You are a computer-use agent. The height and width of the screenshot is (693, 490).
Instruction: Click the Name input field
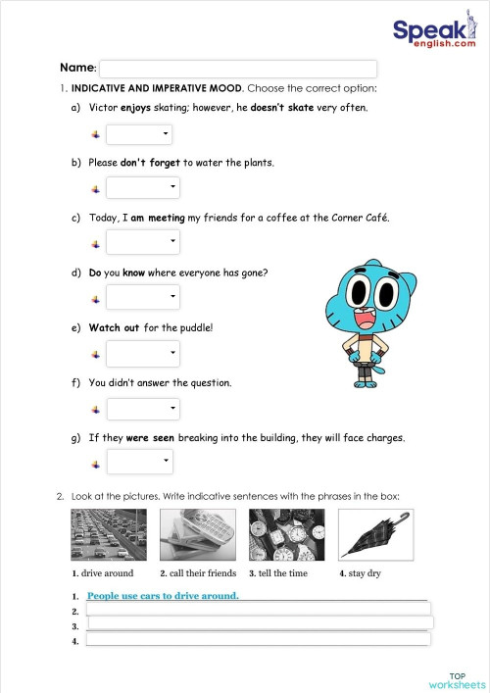click(238, 69)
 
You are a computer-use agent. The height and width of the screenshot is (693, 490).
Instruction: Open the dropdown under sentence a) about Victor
click(139, 134)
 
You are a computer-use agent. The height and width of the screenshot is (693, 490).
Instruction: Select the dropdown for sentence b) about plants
click(143, 187)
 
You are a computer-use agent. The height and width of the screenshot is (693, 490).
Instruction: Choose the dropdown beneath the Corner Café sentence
click(143, 241)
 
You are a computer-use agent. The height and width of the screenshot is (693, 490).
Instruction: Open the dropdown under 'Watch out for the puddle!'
click(143, 353)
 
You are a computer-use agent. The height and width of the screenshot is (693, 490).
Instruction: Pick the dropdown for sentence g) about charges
click(139, 461)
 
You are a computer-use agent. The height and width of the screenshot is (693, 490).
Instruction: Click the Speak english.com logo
click(434, 34)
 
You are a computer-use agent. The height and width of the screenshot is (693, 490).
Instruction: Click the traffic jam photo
click(109, 534)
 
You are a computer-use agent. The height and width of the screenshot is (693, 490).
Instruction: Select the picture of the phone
click(197, 534)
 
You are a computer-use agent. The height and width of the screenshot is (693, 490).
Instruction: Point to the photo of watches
click(286, 534)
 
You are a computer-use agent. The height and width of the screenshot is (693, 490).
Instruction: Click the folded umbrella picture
click(375, 534)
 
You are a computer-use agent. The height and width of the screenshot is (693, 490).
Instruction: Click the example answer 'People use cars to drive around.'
click(163, 595)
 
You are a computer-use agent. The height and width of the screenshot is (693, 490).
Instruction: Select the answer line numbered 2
click(259, 609)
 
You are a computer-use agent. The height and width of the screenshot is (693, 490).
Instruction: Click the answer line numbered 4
click(259, 639)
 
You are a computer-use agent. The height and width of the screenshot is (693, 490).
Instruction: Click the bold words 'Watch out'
click(114, 327)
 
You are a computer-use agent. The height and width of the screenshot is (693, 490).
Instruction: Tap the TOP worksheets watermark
click(457, 680)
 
